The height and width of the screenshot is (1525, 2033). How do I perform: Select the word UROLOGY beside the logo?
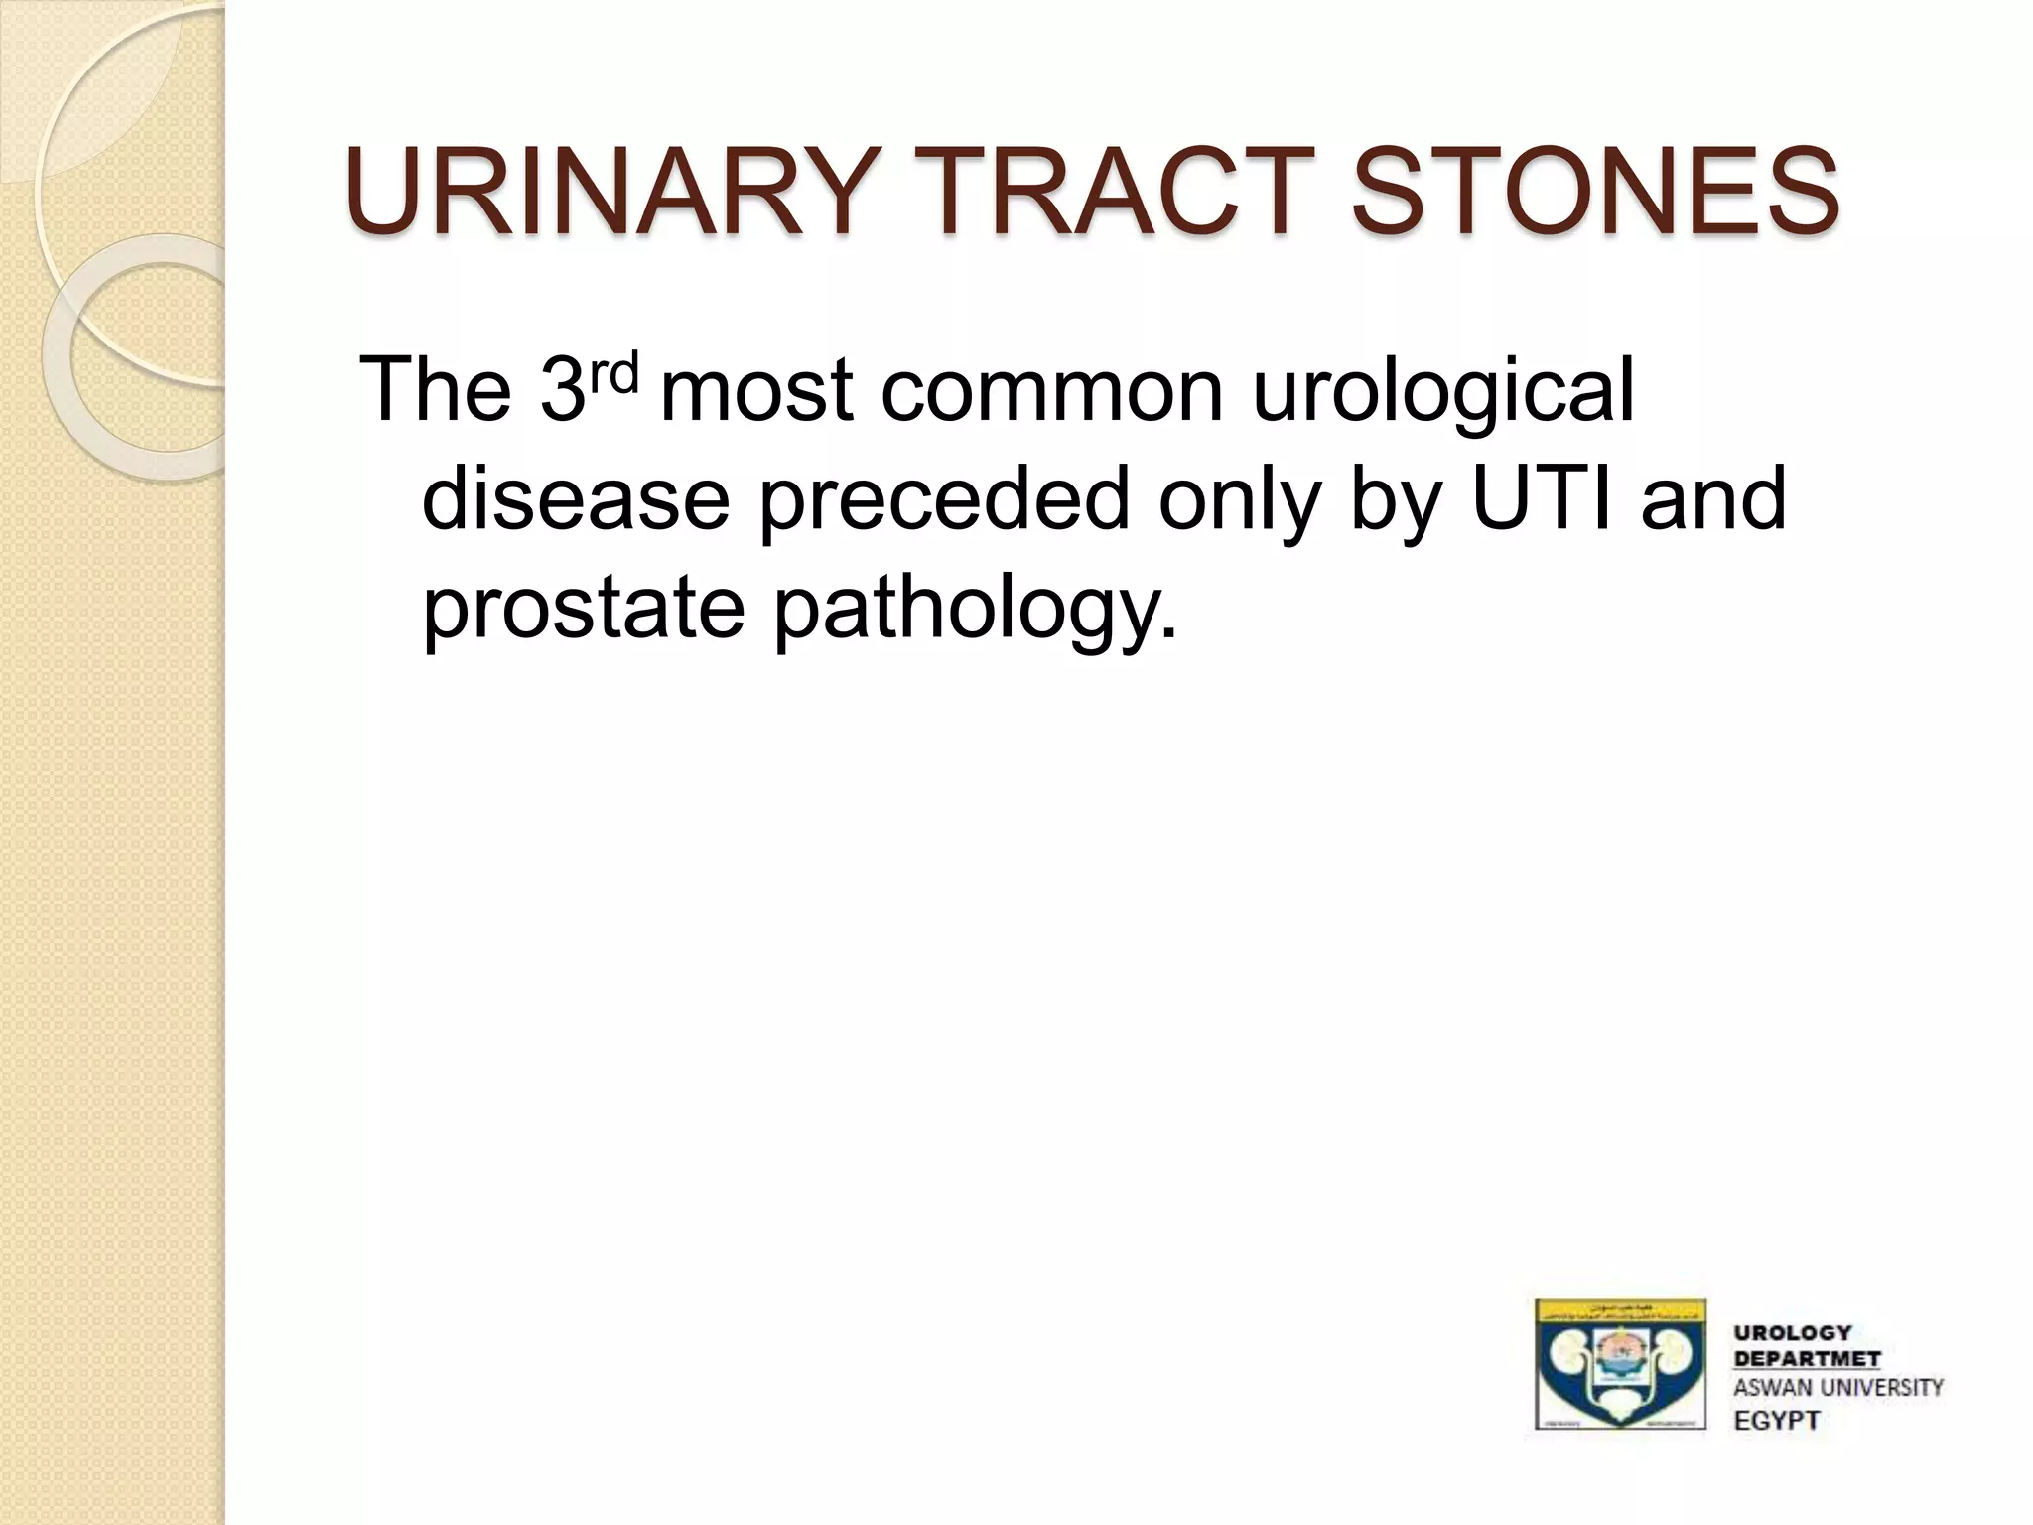click(1793, 1332)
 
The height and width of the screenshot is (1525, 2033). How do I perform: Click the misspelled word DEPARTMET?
click(1807, 1359)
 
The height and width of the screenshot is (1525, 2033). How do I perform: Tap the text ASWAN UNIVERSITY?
click(1837, 1388)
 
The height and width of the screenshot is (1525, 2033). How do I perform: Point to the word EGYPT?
click(1776, 1420)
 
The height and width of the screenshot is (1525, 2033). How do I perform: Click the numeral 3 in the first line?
click(563, 391)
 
